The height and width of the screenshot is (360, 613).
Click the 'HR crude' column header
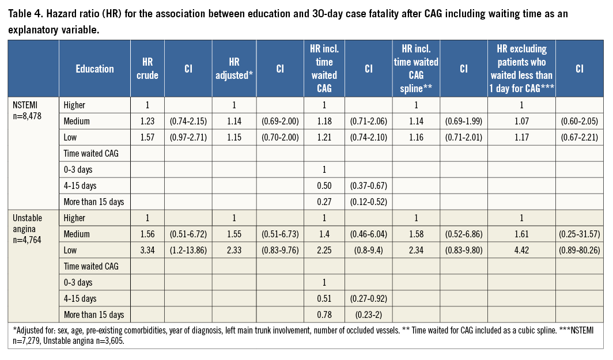(147, 69)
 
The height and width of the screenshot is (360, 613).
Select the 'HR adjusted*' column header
(233, 69)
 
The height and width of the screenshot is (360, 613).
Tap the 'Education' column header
(94, 69)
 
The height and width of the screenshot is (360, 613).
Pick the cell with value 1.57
(147, 137)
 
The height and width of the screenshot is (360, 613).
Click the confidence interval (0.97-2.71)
(187, 137)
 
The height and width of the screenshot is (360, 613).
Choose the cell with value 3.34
(147, 250)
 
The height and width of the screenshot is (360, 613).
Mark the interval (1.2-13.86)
(187, 250)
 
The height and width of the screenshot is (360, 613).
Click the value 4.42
(521, 250)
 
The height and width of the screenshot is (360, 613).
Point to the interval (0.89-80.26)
(579, 250)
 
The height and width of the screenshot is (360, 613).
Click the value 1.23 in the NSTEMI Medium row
(147, 121)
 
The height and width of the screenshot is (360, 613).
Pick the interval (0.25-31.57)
(579, 234)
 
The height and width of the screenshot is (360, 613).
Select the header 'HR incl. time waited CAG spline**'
(416, 69)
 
